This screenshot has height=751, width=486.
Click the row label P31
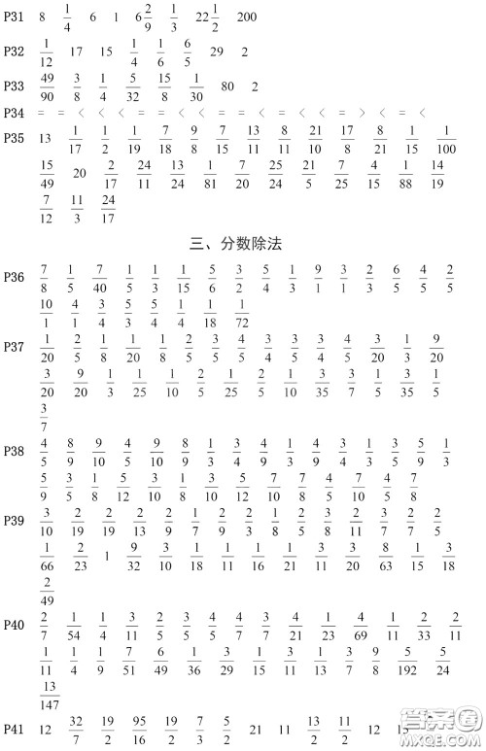pos(14,17)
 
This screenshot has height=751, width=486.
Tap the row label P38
pos(14,452)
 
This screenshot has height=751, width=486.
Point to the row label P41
pos(14,729)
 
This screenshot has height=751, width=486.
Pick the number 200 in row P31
pos(247,17)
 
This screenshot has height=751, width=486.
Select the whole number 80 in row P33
pos(227,85)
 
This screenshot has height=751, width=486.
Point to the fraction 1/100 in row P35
pos(445,139)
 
